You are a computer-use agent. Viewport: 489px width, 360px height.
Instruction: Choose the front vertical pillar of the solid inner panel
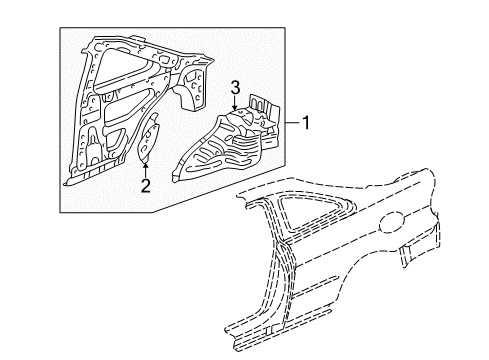[78, 120]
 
